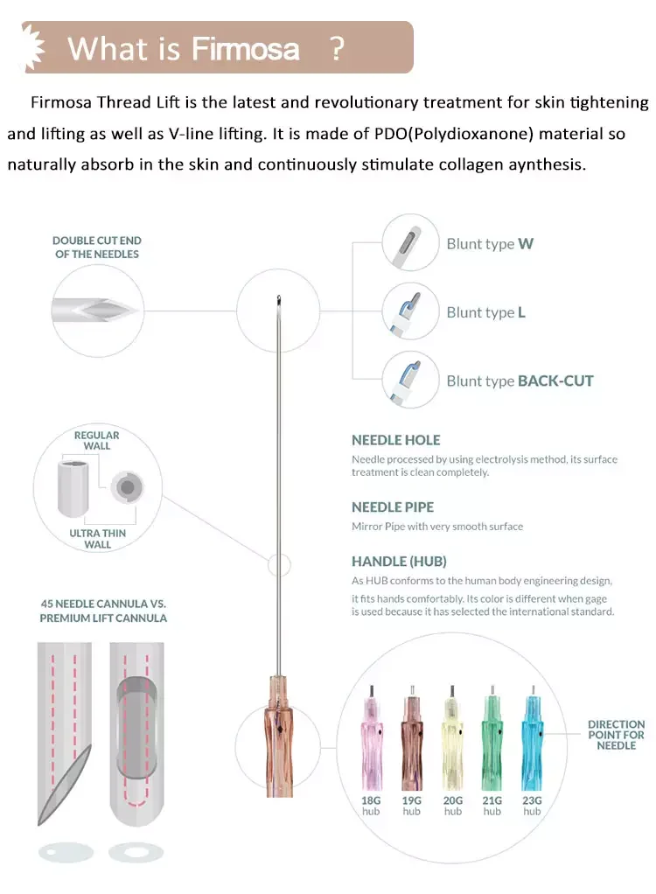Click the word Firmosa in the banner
(x=246, y=48)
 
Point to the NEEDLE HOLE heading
(x=395, y=440)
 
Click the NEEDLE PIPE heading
(x=393, y=507)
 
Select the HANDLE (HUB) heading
(x=399, y=562)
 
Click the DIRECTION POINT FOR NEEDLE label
(x=616, y=735)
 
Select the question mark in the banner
(x=337, y=48)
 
